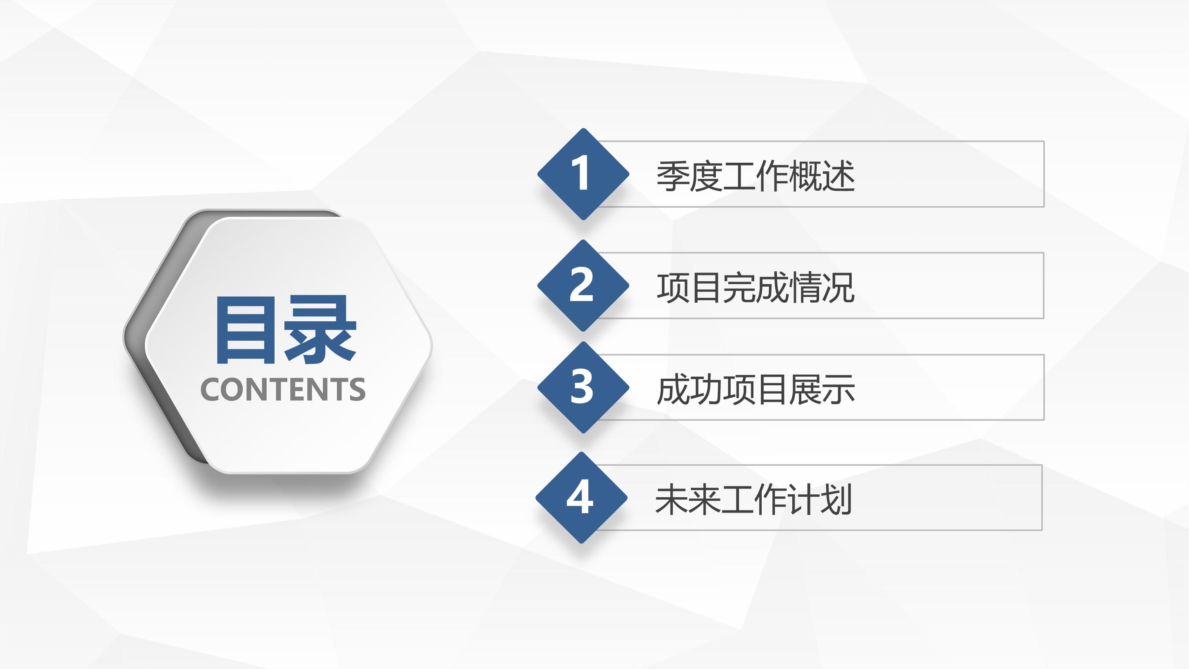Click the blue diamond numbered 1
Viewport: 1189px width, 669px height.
coord(583,174)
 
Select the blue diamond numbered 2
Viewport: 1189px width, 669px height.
coord(583,285)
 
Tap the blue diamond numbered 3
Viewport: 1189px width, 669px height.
coord(583,387)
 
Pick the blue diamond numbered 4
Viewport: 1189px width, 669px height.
coord(581,497)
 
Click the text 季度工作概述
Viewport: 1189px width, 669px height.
coord(755,176)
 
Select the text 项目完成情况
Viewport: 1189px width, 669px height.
coord(755,288)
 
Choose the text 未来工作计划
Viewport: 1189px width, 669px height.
coord(753,500)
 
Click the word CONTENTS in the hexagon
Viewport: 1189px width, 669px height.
coord(283,389)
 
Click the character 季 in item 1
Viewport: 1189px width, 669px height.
coord(673,176)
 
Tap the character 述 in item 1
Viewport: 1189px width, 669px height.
coord(838,176)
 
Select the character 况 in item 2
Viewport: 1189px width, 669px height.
coord(838,288)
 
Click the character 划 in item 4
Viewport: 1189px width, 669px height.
coord(836,500)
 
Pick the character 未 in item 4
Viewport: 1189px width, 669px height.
coord(671,500)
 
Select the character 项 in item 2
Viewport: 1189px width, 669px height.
coord(673,288)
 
